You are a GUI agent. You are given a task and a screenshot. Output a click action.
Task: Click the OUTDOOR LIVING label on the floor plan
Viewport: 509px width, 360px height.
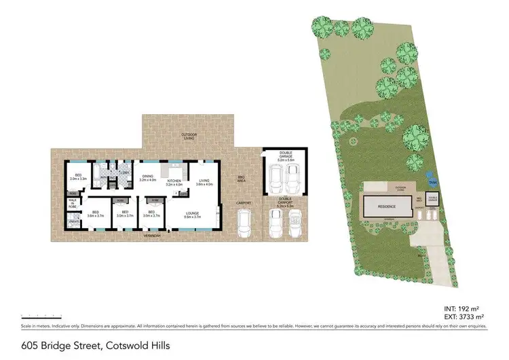tap(189, 136)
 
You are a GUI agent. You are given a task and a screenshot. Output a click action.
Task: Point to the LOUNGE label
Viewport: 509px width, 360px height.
tap(193, 215)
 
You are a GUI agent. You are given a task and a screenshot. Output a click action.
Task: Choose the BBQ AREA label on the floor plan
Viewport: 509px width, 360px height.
tap(240, 180)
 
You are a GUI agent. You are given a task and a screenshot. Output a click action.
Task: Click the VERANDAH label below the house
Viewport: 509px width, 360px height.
tap(151, 236)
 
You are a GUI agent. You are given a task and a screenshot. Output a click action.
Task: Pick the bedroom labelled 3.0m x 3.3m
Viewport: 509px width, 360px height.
tap(79, 178)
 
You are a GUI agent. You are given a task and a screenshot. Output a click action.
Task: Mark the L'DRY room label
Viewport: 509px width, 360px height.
tap(124, 173)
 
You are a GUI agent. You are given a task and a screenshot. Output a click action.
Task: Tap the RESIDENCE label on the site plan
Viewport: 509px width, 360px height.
tap(387, 206)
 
